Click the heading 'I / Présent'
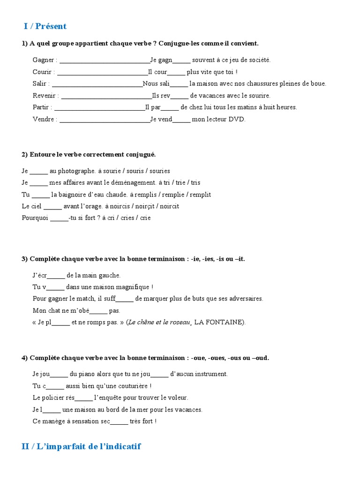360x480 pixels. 45,26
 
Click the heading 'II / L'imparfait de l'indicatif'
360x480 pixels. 81,446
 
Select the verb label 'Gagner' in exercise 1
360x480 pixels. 44,60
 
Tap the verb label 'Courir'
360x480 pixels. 43,72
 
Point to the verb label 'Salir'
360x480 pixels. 40,83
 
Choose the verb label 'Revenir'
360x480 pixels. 45,96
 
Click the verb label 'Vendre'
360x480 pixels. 44,119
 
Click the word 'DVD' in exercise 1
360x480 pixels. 237,119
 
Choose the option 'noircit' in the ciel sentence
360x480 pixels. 169,206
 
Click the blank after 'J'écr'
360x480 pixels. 56,276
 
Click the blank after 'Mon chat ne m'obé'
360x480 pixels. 98,311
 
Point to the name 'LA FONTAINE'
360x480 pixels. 219,322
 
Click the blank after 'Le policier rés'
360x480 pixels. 84,398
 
